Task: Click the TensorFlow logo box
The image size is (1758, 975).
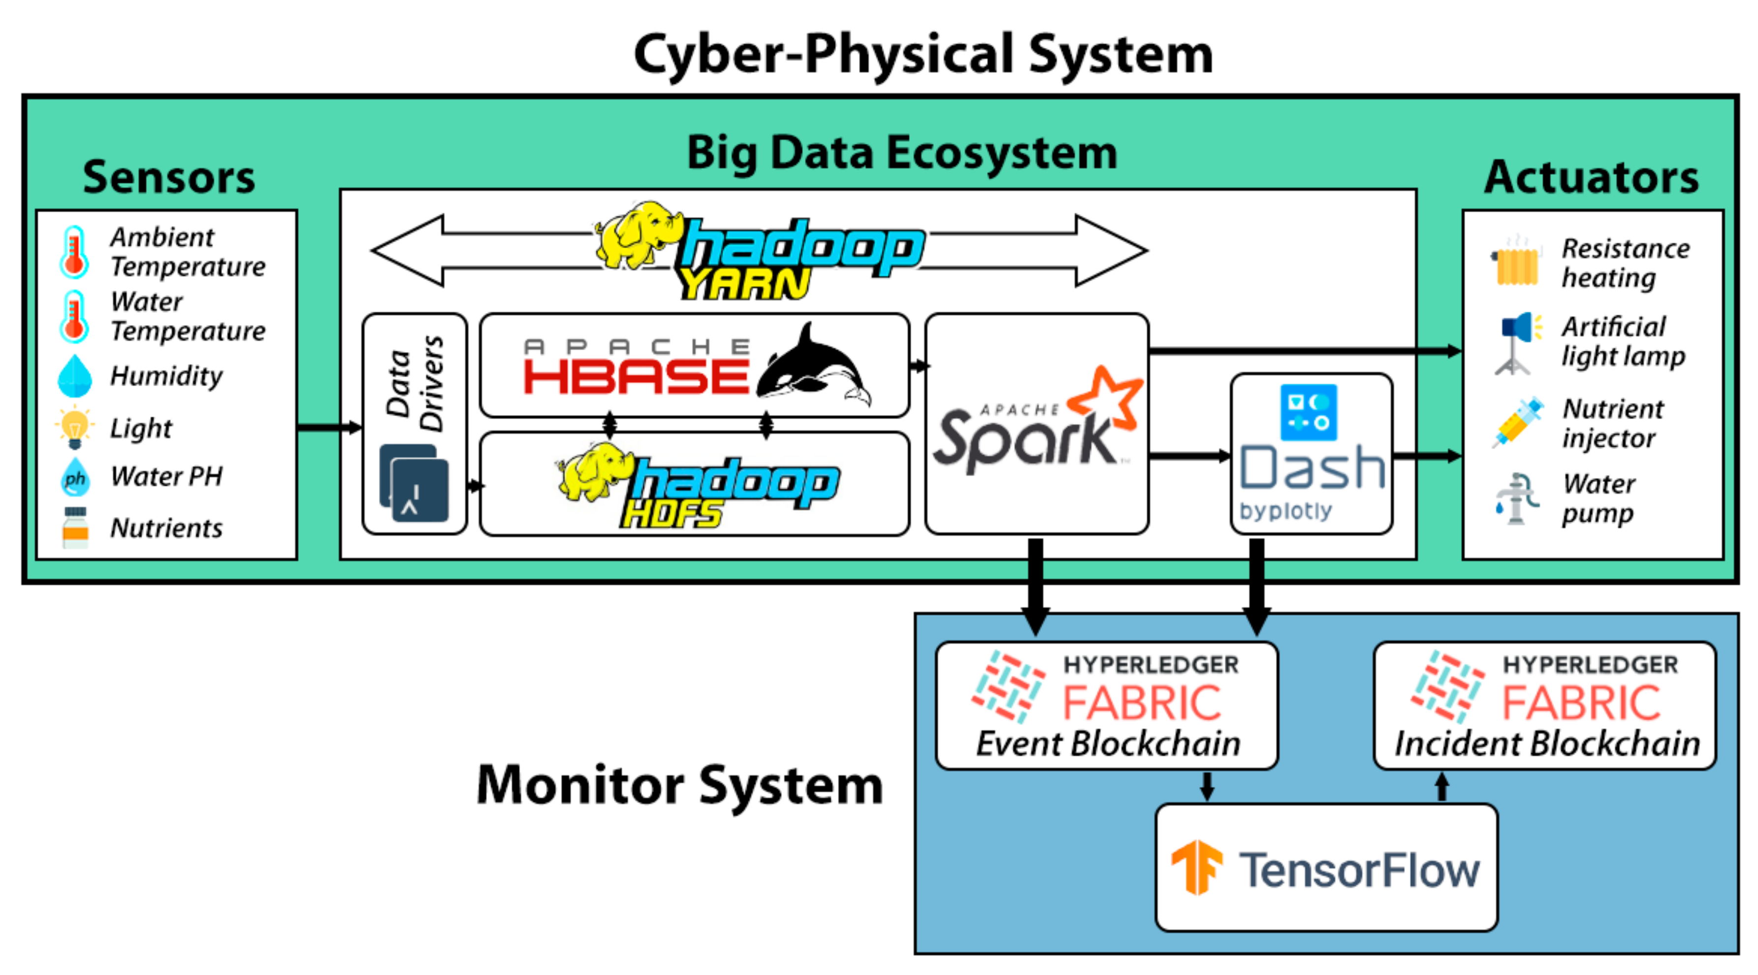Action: coord(1326,867)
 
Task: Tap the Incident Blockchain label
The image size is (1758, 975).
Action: coord(1546,744)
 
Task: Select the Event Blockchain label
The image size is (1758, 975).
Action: coord(1108,744)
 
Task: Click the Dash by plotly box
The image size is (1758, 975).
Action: coord(1311,454)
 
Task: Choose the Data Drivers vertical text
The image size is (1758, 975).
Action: coord(414,384)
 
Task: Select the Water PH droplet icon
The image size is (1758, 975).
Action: coord(75,477)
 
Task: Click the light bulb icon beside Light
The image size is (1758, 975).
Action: coord(74,427)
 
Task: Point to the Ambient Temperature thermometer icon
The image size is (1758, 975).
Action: coord(74,252)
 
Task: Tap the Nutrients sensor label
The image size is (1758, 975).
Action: coord(166,528)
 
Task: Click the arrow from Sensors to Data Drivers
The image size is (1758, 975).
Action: coord(329,427)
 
